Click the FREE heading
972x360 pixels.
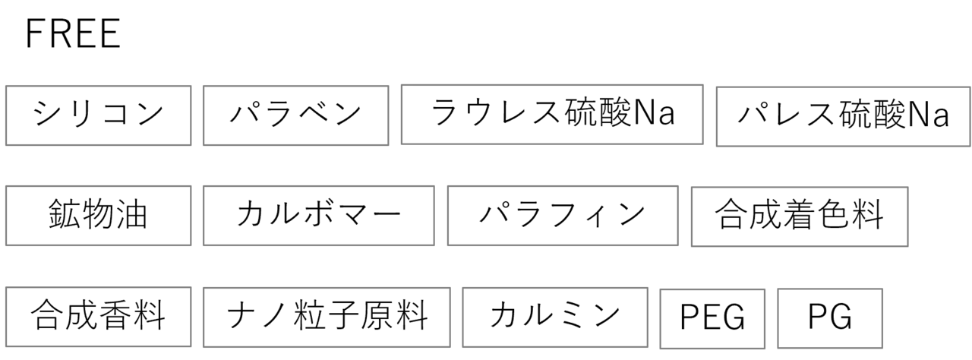tap(73, 33)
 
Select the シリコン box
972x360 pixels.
tap(99, 115)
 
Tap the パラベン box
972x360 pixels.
tap(296, 115)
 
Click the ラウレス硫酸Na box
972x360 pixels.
tap(552, 115)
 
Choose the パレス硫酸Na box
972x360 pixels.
tap(843, 117)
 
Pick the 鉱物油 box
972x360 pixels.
tap(99, 216)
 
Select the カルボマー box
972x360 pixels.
tap(319, 216)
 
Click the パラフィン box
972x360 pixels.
tap(563, 216)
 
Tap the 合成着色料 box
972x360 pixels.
tap(800, 216)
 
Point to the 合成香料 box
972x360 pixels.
tap(99, 317)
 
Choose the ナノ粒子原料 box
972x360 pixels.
tap(327, 317)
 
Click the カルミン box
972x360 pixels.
tap(555, 317)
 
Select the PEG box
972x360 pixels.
tap(712, 319)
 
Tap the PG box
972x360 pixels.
tap(830, 318)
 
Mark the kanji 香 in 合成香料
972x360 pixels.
tap(115, 315)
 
